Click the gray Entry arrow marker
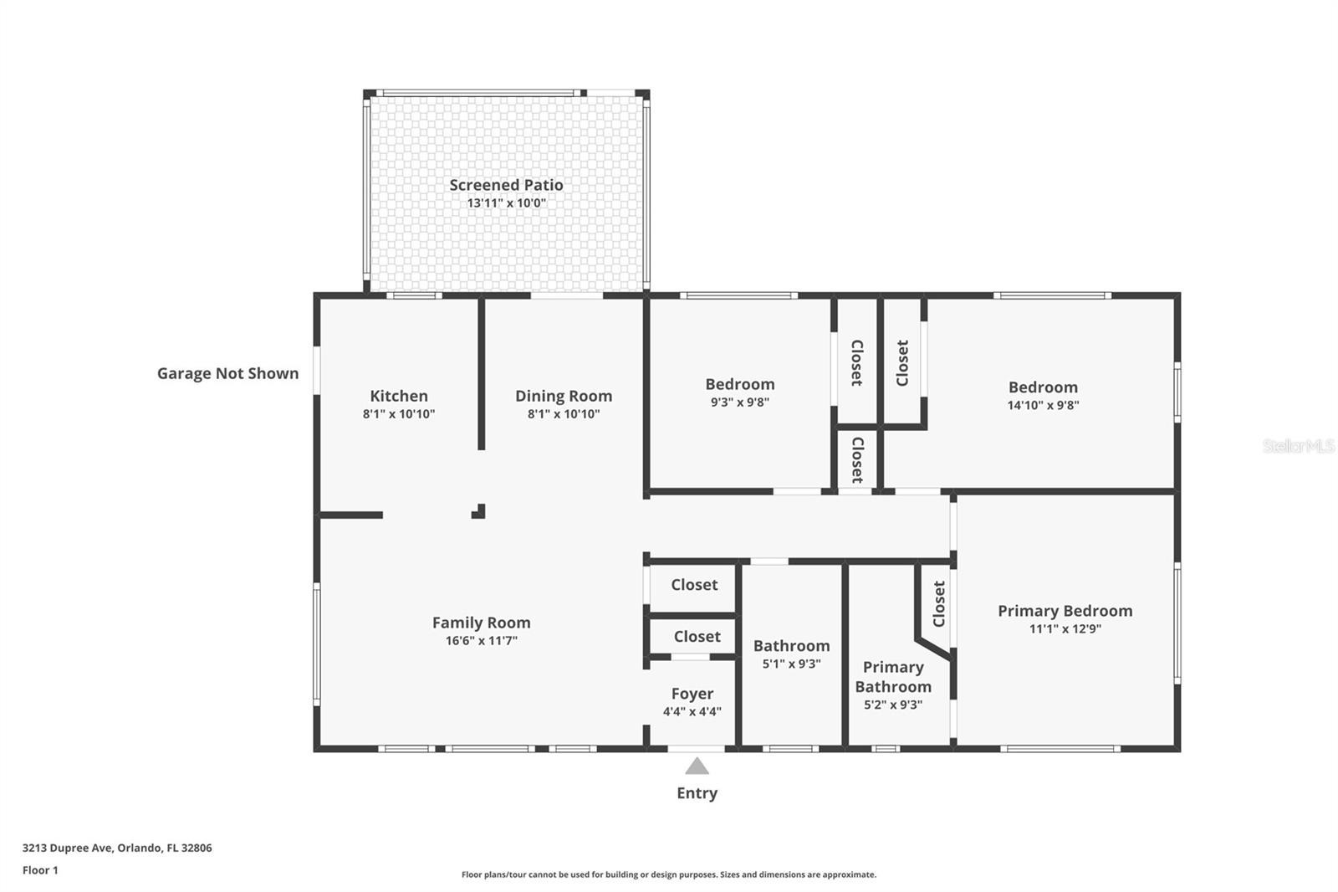click(697, 766)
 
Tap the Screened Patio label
click(506, 185)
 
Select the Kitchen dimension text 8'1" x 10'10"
click(398, 413)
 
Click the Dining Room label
click(564, 396)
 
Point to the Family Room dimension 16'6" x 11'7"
click(481, 640)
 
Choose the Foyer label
click(692, 694)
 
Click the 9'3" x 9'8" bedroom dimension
click(739, 402)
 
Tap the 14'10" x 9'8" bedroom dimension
click(1043, 405)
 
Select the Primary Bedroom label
click(1065, 610)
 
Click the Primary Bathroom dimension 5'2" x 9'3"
click(893, 705)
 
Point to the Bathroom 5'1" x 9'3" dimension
click(791, 663)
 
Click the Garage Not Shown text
click(227, 373)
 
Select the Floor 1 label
click(40, 870)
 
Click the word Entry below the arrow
click(697, 793)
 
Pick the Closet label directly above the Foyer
click(697, 636)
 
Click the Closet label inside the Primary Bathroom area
click(939, 604)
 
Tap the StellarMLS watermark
click(1299, 445)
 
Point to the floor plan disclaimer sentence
click(669, 874)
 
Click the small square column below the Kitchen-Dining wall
click(479, 511)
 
